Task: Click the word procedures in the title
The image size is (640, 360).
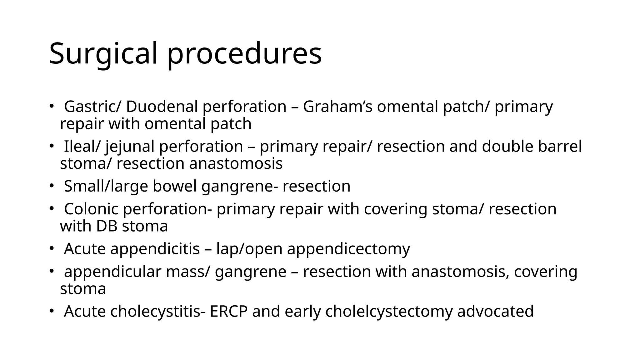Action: (x=244, y=54)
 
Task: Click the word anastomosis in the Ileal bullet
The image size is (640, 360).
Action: (x=236, y=163)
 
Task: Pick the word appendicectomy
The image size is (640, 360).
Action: (x=348, y=249)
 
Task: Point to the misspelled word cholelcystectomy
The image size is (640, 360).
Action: (x=388, y=311)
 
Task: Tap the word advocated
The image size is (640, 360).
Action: (x=495, y=311)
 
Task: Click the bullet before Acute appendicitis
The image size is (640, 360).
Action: (x=51, y=249)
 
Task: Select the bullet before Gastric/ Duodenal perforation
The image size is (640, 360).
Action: (x=51, y=107)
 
